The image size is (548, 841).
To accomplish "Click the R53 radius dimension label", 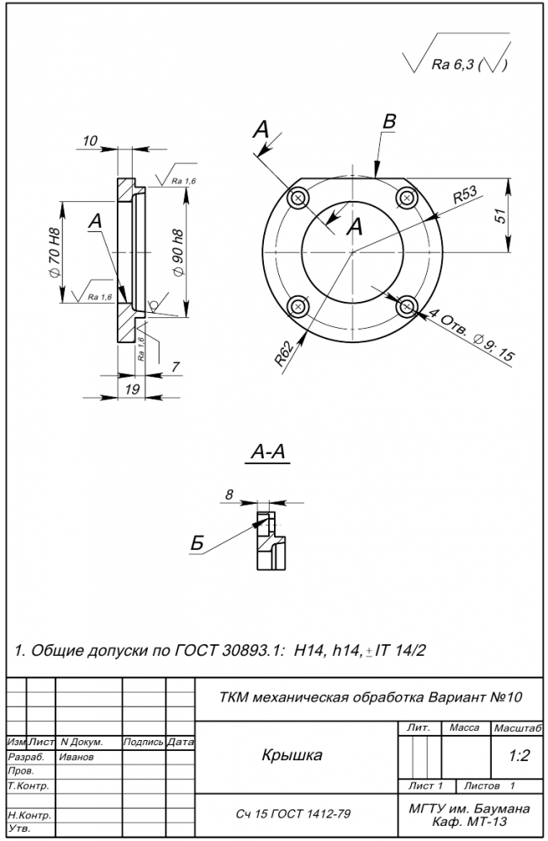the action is [x=465, y=195].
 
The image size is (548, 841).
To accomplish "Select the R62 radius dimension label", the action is [x=286, y=354].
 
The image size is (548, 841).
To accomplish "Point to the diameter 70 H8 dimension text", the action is [x=54, y=251].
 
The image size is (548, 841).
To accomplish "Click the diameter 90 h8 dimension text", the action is [x=178, y=253].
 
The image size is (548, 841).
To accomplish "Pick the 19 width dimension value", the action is [x=132, y=389].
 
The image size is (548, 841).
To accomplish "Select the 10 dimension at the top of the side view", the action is [x=90, y=140].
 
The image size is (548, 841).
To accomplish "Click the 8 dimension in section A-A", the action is [x=229, y=495].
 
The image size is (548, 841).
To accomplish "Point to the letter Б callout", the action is [x=198, y=544].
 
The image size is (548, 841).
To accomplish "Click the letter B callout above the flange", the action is [x=389, y=122].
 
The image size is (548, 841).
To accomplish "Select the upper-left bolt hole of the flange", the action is [x=298, y=198].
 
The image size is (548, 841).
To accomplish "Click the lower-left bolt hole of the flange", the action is [x=298, y=307].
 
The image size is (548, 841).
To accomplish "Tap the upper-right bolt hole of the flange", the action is [x=407, y=198].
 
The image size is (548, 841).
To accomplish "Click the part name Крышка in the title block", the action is [x=292, y=755].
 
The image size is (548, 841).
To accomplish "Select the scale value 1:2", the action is [x=519, y=756].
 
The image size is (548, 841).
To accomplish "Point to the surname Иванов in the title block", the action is [x=76, y=757].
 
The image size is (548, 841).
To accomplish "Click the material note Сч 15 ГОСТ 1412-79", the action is [x=293, y=814].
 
